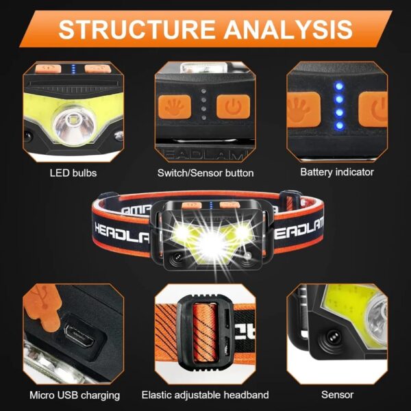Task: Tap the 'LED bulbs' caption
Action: [x=73, y=173]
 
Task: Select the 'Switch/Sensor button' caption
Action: [x=206, y=173]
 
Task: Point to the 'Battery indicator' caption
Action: [x=337, y=173]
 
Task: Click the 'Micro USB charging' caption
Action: [x=75, y=395]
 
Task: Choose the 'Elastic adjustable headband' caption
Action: [x=206, y=395]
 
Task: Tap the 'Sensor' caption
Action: [x=337, y=395]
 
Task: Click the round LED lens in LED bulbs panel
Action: [x=71, y=125]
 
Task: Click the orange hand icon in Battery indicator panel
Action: [x=300, y=108]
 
